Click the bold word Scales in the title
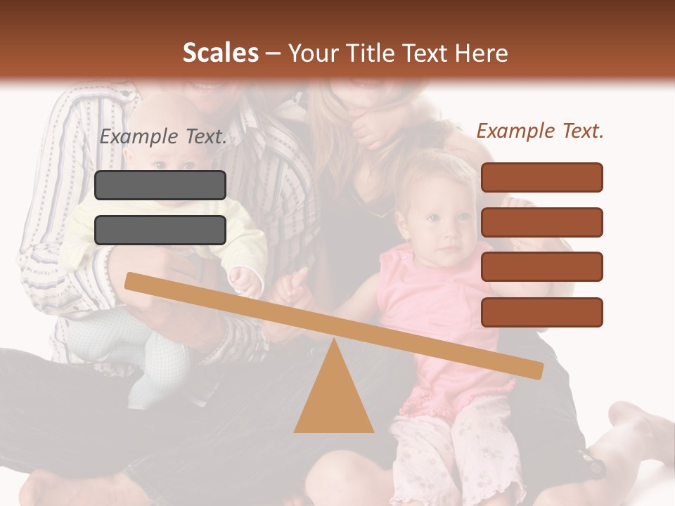point(220,53)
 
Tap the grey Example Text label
point(163,137)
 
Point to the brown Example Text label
point(540,131)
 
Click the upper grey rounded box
point(160,185)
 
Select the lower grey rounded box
point(160,230)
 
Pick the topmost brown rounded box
point(541,177)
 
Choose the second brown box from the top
point(541,222)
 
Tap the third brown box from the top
point(541,267)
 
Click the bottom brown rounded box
point(541,312)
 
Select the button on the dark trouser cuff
point(595,466)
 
